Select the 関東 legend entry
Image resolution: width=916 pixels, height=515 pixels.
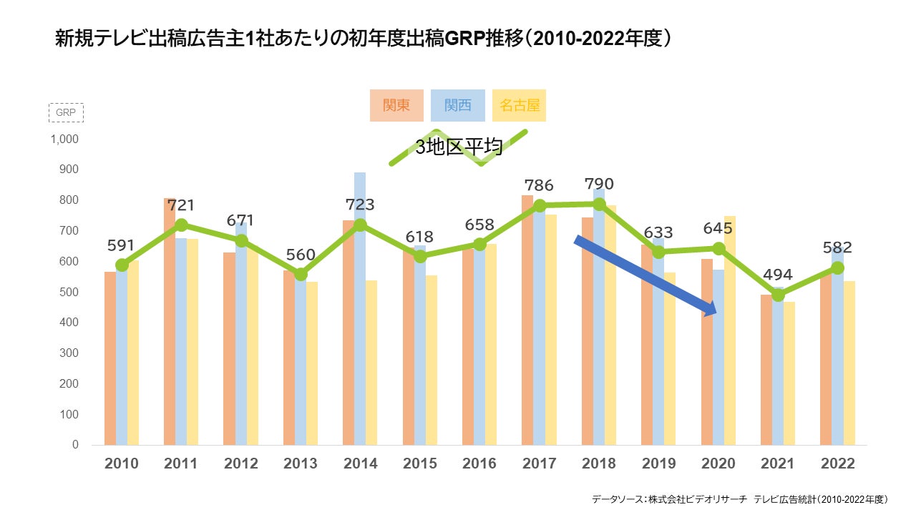[x=396, y=105]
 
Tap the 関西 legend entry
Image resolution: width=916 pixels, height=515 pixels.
[x=458, y=105]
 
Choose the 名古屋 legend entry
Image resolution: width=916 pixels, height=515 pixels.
[x=520, y=105]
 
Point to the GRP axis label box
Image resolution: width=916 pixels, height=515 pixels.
[x=66, y=113]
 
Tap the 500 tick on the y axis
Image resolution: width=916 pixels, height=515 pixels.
[x=69, y=292]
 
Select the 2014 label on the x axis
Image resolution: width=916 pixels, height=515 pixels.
[x=361, y=463]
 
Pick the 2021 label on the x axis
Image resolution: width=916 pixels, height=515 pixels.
[x=778, y=463]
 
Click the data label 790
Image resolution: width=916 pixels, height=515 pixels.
[x=599, y=185]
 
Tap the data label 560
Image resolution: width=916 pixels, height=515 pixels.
[x=301, y=255]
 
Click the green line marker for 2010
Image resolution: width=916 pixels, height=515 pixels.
[x=122, y=265]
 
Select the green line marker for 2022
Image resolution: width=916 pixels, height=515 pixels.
[x=837, y=268]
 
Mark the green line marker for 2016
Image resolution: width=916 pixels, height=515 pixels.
[x=480, y=245]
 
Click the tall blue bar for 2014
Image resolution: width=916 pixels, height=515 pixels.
[x=360, y=308]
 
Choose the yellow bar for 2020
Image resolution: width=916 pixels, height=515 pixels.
[x=730, y=329]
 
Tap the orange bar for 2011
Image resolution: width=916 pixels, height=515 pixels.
[x=170, y=322]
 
